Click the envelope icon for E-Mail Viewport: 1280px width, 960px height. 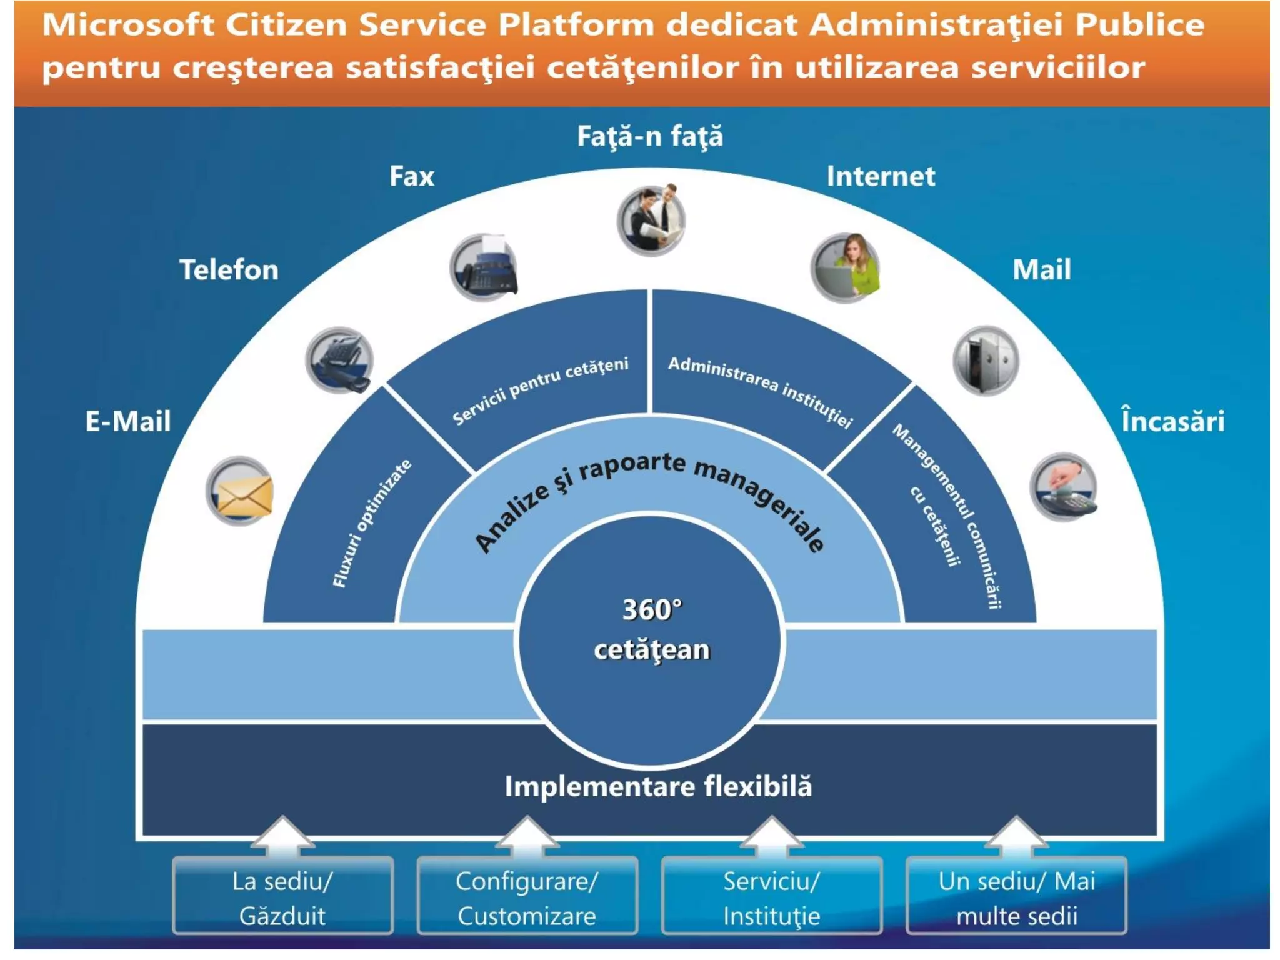tap(240, 491)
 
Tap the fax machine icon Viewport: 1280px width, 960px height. tap(484, 267)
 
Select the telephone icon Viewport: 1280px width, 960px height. tap(339, 360)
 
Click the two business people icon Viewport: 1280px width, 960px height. tap(651, 221)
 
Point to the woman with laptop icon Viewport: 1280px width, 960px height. tap(845, 269)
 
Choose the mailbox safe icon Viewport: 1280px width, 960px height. tap(986, 361)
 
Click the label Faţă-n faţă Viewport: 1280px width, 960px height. tap(650, 136)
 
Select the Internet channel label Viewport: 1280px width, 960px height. tap(881, 176)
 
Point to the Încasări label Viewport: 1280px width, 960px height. tap(1172, 421)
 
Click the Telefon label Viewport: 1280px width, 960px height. tap(229, 270)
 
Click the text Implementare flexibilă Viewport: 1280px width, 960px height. tap(658, 786)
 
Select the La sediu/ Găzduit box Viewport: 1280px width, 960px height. tap(282, 897)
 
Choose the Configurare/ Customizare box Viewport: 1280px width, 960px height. tap(527, 897)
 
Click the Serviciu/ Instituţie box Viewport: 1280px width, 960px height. tap(772, 897)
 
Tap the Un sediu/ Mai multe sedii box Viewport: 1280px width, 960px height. tap(1016, 897)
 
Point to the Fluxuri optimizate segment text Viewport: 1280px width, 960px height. tap(371, 524)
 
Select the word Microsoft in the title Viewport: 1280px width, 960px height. tap(128, 25)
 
